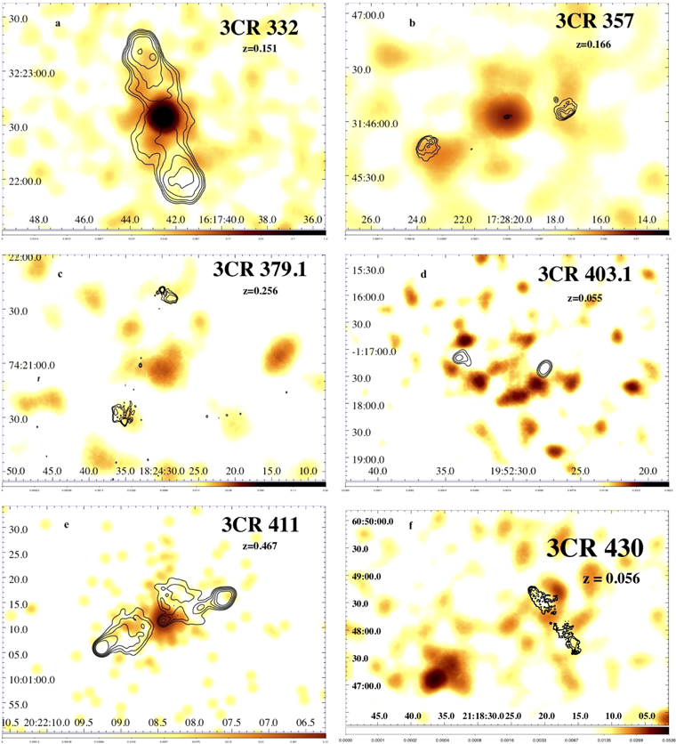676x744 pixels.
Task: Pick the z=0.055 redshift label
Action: pyautogui.click(x=593, y=297)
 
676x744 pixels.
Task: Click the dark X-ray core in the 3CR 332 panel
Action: pyautogui.click(x=162, y=116)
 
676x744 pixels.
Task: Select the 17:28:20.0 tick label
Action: pyautogui.click(x=506, y=219)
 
